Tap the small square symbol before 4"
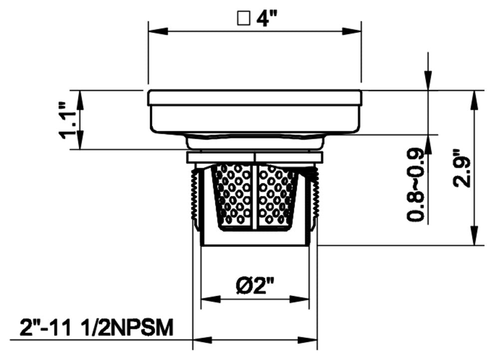[244, 19]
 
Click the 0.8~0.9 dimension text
[415, 184]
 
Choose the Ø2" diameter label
[255, 285]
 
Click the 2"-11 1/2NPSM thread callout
[96, 327]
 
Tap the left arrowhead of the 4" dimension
[158, 31]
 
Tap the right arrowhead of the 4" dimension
[352, 31]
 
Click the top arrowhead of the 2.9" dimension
[474, 101]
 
